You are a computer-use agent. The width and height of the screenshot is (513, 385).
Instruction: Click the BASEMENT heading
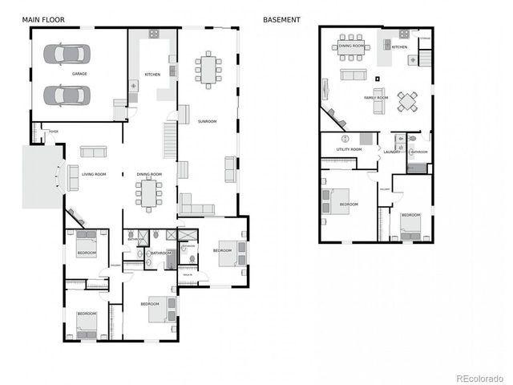click(x=281, y=18)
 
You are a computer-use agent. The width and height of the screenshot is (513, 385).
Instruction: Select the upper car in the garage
click(x=67, y=54)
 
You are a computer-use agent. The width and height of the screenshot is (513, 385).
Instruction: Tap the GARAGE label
click(x=79, y=74)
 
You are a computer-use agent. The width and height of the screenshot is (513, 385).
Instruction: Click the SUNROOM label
click(x=208, y=121)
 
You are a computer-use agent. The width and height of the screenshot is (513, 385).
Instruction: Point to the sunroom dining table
click(x=209, y=70)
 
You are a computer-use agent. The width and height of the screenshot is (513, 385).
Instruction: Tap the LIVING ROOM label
click(x=95, y=174)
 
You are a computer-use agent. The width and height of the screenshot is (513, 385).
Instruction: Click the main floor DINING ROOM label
click(x=149, y=174)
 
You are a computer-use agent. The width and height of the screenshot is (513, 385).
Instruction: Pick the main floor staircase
click(x=170, y=140)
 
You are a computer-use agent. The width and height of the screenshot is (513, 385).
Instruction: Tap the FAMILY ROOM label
click(x=375, y=98)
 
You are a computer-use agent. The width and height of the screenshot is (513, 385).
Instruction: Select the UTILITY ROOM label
click(x=349, y=149)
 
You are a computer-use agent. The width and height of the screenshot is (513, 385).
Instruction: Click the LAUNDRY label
click(x=391, y=152)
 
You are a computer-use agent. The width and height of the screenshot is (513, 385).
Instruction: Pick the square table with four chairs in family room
click(x=407, y=100)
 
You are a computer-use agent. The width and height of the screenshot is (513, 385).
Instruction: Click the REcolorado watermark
click(x=479, y=377)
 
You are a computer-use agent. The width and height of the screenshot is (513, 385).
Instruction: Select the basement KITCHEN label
click(x=399, y=47)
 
